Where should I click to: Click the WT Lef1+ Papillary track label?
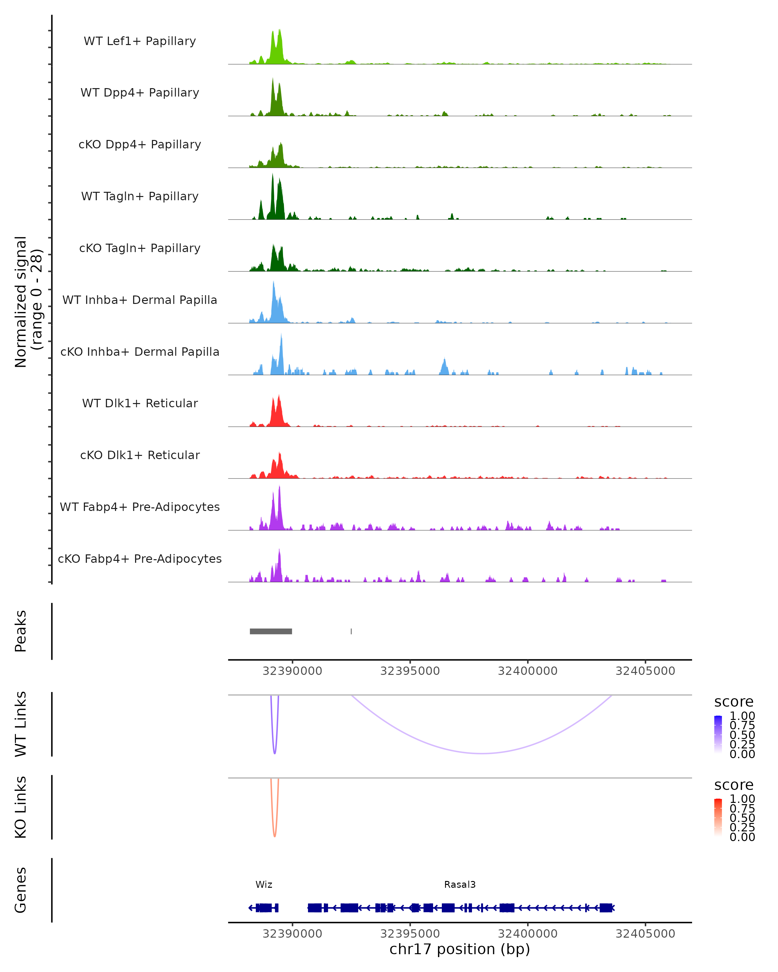(x=140, y=41)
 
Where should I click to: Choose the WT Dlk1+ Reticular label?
(x=140, y=403)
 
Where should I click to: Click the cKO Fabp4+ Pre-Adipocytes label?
(x=140, y=559)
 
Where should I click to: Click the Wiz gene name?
(x=264, y=885)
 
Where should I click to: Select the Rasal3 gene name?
(x=460, y=885)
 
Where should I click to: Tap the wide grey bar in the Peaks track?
(x=271, y=631)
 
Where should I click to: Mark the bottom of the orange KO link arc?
(x=275, y=836)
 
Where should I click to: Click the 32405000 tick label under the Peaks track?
(x=645, y=671)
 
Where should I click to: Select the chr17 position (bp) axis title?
(x=460, y=949)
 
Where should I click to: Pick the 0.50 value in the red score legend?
(x=742, y=817)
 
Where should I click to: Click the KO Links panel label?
(x=21, y=807)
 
